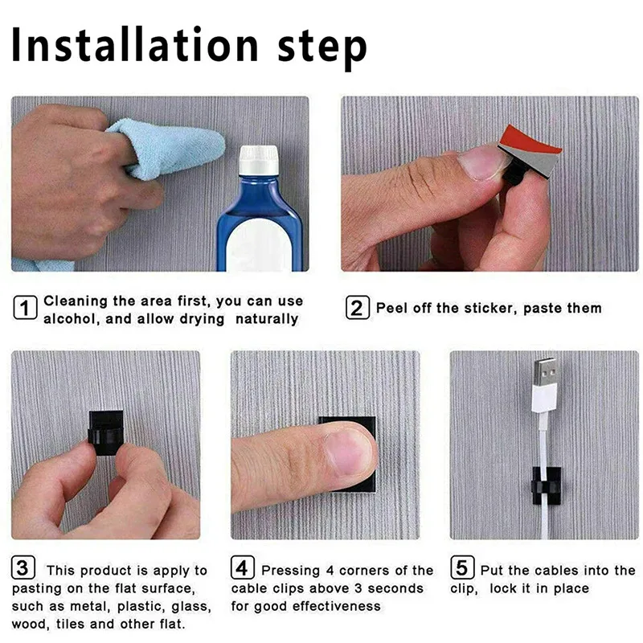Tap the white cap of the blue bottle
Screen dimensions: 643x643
(x=259, y=160)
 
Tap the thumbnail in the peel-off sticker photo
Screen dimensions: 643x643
(x=483, y=162)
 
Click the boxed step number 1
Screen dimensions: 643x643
(x=26, y=309)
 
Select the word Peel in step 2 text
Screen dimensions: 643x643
(x=393, y=308)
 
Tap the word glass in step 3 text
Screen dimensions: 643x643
(x=191, y=606)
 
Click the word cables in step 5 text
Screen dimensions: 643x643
(x=557, y=570)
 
